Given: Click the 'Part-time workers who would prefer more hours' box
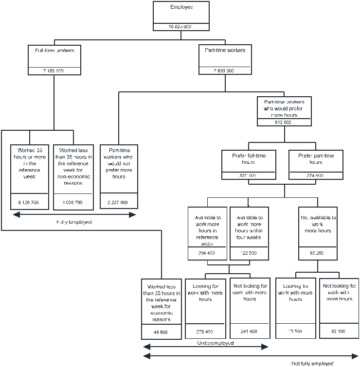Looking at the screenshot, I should pos(284,111).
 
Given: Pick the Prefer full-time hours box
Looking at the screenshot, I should pos(249,164).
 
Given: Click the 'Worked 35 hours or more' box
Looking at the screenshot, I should pos(30,176).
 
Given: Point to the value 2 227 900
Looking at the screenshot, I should pos(118,202).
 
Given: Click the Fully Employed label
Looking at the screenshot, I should pos(74,222).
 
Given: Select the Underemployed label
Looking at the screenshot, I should pos(215,343).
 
